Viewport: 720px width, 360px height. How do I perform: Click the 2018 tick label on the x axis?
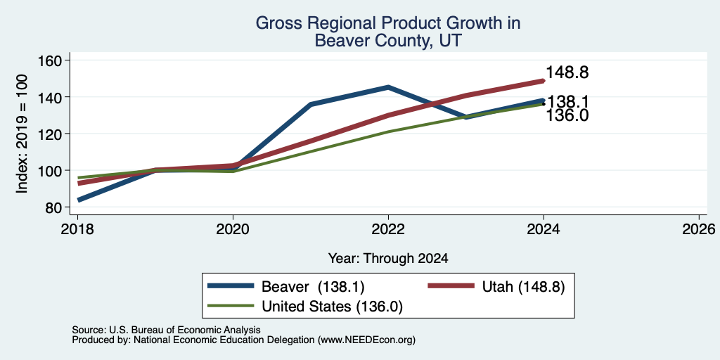tap(77, 229)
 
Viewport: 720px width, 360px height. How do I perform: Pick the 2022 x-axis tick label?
tap(388, 229)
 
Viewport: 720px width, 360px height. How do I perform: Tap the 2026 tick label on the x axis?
tap(699, 229)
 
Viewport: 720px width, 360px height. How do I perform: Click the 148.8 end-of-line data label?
tap(567, 72)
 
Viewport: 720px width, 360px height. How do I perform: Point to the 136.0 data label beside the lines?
tap(567, 116)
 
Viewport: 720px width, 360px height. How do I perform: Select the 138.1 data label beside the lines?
tap(568, 101)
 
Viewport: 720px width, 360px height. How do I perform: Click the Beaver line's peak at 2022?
tap(388, 86)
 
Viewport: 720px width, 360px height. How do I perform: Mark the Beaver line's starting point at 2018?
tap(79, 200)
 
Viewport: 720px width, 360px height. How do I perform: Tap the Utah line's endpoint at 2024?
tap(544, 81)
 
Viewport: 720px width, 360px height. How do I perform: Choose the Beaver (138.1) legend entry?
tap(285, 287)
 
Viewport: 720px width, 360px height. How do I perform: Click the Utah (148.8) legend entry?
tap(496, 287)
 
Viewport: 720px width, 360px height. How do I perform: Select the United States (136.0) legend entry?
tap(305, 306)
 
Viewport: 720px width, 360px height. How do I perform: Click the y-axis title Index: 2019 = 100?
tap(22, 134)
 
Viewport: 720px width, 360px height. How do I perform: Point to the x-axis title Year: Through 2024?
tap(388, 259)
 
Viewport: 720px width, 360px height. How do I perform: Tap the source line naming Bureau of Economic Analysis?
tap(166, 330)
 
